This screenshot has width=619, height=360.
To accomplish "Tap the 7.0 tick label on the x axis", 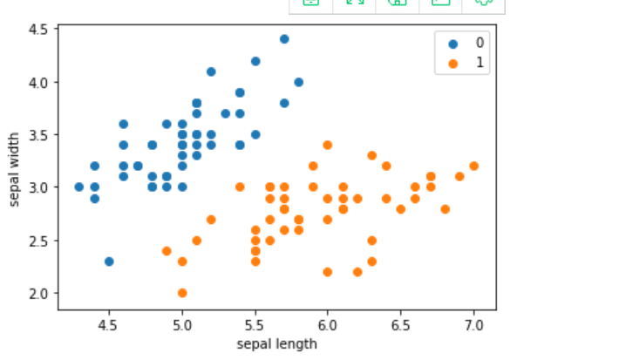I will pos(473,324).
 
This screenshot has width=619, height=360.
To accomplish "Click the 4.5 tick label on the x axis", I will pos(109,324).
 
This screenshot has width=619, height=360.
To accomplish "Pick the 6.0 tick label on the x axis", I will pos(328,324).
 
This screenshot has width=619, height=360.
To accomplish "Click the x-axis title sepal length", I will pos(276,343).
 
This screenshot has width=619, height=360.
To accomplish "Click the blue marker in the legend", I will pos(452,43).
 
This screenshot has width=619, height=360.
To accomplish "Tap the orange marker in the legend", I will pos(452,63).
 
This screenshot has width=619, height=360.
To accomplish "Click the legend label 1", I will pos(480,63).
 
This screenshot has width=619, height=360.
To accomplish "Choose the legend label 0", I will pos(480,43).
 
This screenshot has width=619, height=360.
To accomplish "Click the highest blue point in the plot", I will pos(284,39).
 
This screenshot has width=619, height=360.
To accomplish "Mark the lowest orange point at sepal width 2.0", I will pos(182,293).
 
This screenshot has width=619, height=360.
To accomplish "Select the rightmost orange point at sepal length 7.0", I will pos(473,166).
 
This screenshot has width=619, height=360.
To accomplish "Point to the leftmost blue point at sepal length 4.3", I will pos(79,187).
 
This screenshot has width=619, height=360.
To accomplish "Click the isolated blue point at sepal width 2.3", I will pos(109,261).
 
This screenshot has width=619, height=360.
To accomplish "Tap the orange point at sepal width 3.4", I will pos(328,145).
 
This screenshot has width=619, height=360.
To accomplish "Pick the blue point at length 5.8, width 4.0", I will pos(298,82).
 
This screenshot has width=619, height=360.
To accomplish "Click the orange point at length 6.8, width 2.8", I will pos(445,208).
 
